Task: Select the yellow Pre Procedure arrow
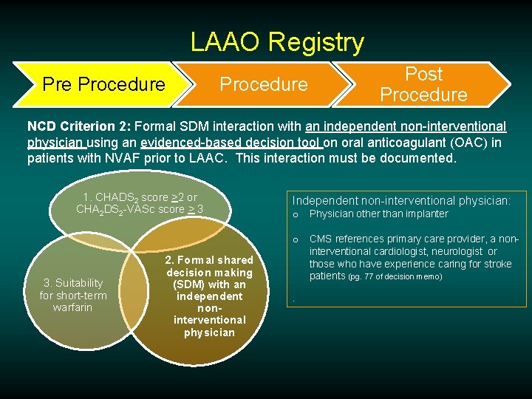pyautogui.click(x=103, y=84)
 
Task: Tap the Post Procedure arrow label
pyautogui.click(x=423, y=84)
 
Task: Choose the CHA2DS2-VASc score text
pyautogui.click(x=140, y=209)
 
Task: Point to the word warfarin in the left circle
pyautogui.click(x=72, y=307)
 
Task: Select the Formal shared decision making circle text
pyautogui.click(x=208, y=296)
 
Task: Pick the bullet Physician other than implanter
pyautogui.click(x=378, y=214)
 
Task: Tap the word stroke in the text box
pyautogui.click(x=497, y=264)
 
